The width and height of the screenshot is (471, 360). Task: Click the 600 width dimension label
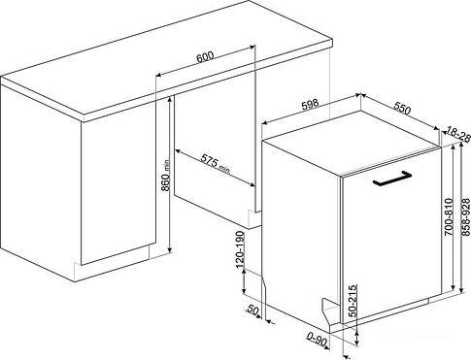coord(205,56)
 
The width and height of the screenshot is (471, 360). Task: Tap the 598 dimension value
coord(310,105)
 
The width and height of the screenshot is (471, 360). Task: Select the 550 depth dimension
coord(402,109)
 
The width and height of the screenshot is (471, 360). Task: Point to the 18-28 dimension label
coord(457,134)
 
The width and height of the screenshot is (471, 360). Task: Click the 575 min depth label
coord(216,163)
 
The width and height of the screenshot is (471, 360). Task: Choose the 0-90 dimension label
coord(317,341)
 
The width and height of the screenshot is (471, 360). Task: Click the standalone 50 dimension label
coord(252,311)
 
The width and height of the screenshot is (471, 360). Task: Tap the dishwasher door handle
coord(392,179)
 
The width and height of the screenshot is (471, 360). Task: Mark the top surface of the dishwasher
coord(352,144)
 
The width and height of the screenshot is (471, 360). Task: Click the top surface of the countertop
coord(167,55)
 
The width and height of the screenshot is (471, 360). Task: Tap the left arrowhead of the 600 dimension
coord(158,75)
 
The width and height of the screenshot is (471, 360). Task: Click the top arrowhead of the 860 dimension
coord(169,101)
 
